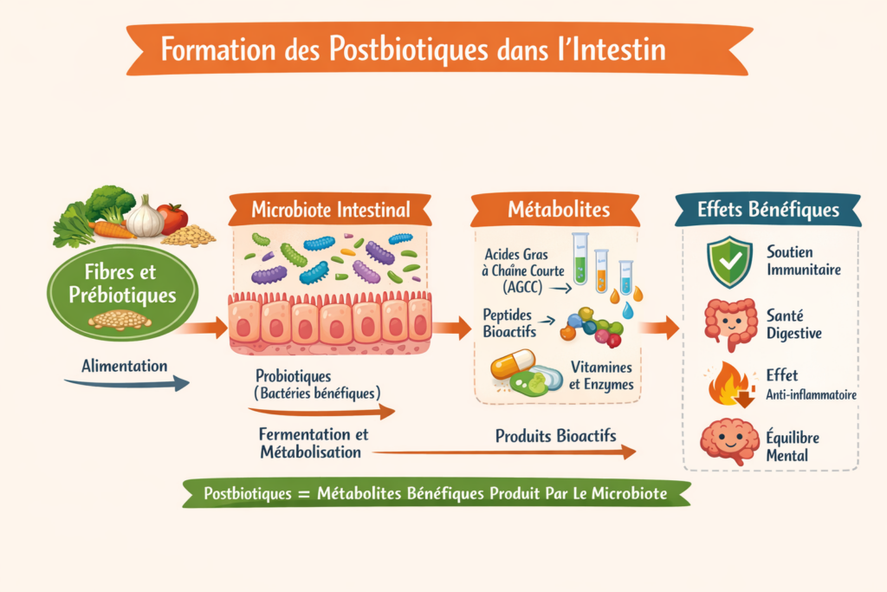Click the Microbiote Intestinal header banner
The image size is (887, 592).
tap(330, 209)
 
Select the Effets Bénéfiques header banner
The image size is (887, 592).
tap(768, 209)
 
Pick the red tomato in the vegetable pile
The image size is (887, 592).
tap(173, 218)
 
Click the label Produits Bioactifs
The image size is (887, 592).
tap(555, 436)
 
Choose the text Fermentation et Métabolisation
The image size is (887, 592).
tap(314, 442)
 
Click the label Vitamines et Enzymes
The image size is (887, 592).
tap(601, 375)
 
